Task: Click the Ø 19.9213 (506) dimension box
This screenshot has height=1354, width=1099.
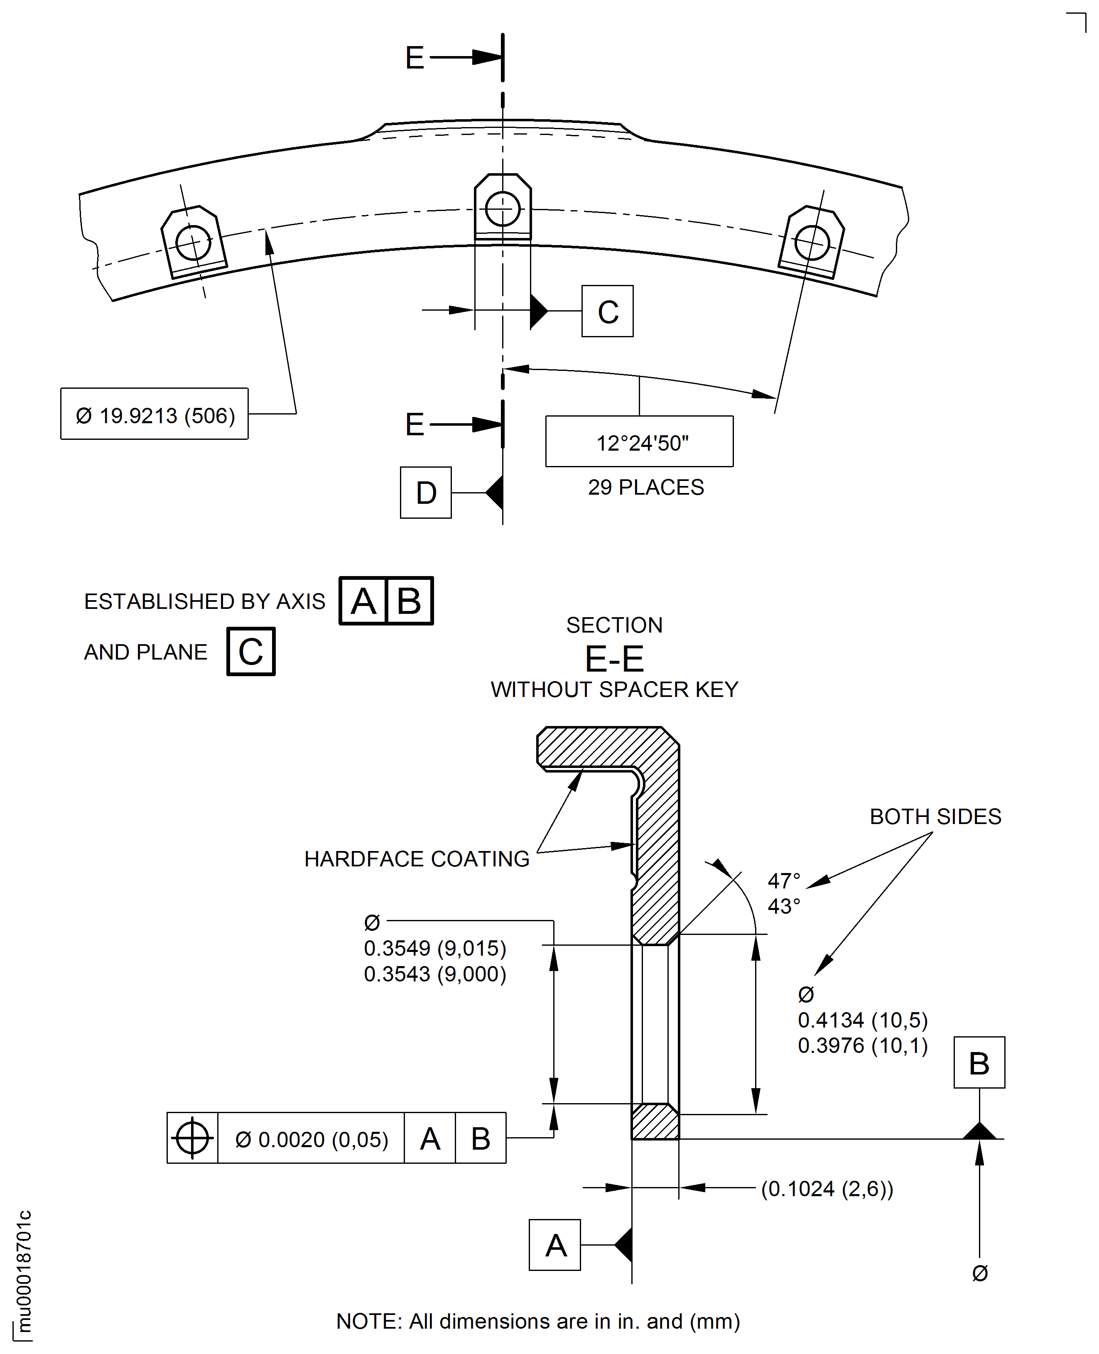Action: [x=155, y=414]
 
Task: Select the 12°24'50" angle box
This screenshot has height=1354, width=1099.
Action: [x=639, y=442]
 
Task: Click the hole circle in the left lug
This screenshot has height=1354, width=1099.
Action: [x=193, y=243]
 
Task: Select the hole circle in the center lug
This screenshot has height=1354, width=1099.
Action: [x=503, y=209]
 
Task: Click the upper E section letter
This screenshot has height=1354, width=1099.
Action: [x=415, y=58]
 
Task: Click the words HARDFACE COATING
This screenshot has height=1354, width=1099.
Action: [x=417, y=859]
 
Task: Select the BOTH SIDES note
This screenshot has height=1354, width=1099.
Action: [x=935, y=817]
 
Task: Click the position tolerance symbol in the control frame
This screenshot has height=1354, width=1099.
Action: [x=192, y=1138]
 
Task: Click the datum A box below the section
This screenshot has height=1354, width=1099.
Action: [x=554, y=1245]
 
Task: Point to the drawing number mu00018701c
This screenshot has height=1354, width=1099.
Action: [x=23, y=1272]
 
